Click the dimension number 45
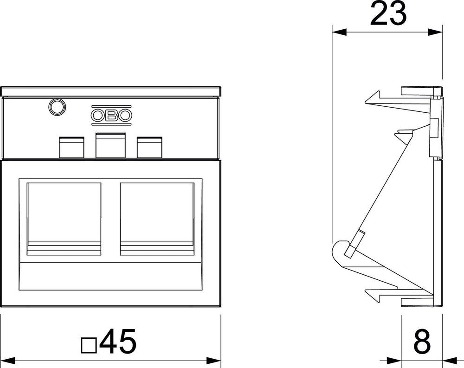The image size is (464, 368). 118,342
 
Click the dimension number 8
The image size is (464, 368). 422,342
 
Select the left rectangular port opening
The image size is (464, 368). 64,219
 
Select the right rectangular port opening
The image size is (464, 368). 157,219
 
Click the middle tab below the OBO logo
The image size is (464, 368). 110,145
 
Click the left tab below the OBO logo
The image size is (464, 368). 71,147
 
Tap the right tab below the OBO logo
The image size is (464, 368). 149,147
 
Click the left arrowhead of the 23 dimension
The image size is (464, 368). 339,32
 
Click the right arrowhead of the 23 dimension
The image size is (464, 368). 435,32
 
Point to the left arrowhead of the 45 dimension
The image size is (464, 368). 8,361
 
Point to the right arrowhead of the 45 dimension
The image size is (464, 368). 213,361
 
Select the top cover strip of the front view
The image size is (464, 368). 111,91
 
